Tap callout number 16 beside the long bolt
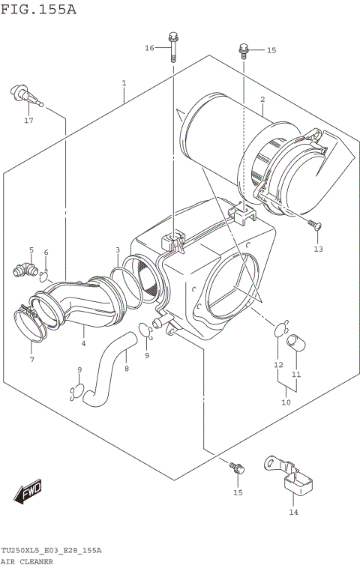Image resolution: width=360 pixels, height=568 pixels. point(149,48)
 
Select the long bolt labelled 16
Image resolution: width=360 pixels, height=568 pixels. point(173,47)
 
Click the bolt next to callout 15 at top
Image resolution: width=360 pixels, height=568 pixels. point(244,50)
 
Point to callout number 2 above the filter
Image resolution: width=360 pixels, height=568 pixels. point(262,99)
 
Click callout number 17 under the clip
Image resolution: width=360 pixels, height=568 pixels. point(28,121)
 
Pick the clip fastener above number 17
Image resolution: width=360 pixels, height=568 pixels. point(22,94)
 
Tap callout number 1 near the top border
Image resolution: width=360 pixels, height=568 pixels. point(124,82)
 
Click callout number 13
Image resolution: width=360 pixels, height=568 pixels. point(317,249)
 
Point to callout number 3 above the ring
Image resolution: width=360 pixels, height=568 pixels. point(118,250)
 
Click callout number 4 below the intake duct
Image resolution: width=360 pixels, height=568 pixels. point(83,344)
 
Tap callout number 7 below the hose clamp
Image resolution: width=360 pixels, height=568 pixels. point(31,360)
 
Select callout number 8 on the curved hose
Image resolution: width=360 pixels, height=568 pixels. point(126,368)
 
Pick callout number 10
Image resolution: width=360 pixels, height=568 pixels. point(286,402)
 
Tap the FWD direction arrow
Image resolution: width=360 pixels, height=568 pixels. point(28,492)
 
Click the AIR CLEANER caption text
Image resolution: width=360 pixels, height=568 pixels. point(26,561)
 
